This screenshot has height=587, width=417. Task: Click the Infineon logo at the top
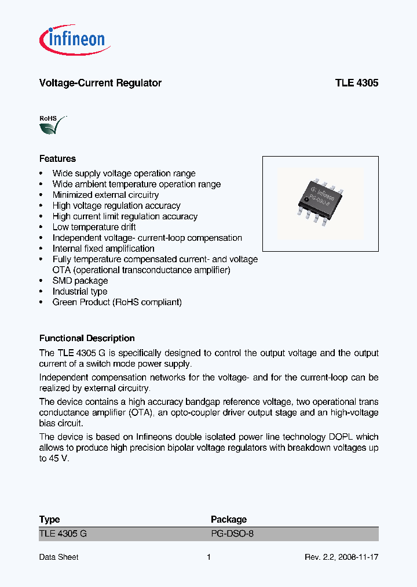pyautogui.click(x=75, y=39)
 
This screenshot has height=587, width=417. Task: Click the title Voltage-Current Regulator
pyautogui.click(x=100, y=83)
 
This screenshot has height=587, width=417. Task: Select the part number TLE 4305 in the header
pyautogui.click(x=356, y=83)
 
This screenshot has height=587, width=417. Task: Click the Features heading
pyautogui.click(x=57, y=158)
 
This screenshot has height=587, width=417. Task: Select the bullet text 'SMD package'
pyautogui.click(x=80, y=281)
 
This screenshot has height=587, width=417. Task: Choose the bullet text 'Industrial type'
pyautogui.click(x=80, y=291)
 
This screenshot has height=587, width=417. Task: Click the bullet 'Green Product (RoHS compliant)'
pyautogui.click(x=117, y=302)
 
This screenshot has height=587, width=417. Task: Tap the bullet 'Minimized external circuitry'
pyautogui.click(x=105, y=195)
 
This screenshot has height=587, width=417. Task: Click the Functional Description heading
pyautogui.click(x=87, y=338)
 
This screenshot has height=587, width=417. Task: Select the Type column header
pyautogui.click(x=49, y=519)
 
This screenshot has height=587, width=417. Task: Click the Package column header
pyautogui.click(x=228, y=519)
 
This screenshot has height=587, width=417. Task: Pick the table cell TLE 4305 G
pyautogui.click(x=63, y=534)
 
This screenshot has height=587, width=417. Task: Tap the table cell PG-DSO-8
pyautogui.click(x=232, y=534)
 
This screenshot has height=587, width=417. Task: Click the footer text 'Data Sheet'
pyautogui.click(x=58, y=557)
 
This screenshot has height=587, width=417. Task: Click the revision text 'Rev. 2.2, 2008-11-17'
pyautogui.click(x=341, y=557)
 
